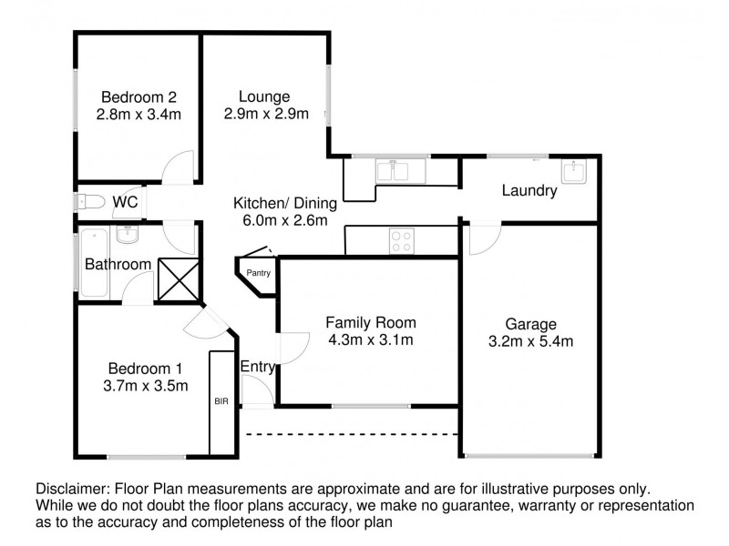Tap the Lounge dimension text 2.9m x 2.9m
coord(264,115)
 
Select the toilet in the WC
coord(89,201)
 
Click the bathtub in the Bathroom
coord(94,264)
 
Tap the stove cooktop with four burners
coord(400,240)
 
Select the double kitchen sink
coord(399,169)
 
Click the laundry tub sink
coord(575,171)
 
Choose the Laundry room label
coord(529,191)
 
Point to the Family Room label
coord(371,322)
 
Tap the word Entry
coord(258,366)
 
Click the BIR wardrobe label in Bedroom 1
coord(221,399)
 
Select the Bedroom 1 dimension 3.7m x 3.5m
coord(147,385)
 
